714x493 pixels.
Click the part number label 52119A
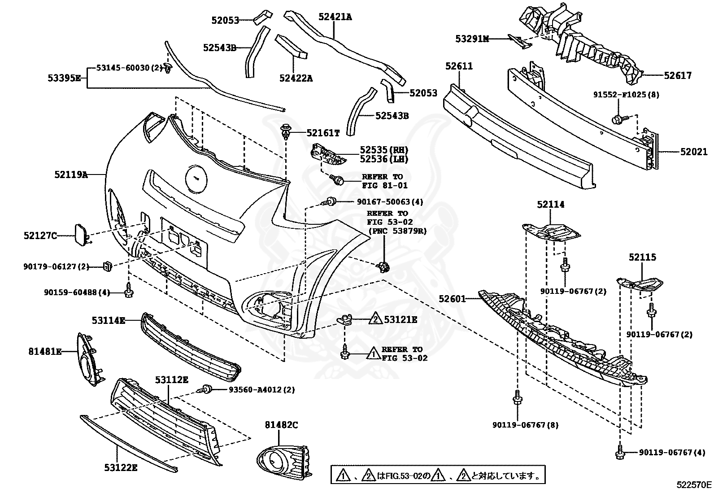pos(71,175)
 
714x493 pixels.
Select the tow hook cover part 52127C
pos(81,235)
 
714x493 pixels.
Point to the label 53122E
pos(121,468)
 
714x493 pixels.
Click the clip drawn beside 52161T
pos(286,131)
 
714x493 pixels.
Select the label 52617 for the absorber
pos(678,76)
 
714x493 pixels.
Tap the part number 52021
pos(693,152)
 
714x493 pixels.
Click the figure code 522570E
pos(694,484)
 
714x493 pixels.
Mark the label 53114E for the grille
pos(108,320)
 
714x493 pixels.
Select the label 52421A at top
pos(335,17)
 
